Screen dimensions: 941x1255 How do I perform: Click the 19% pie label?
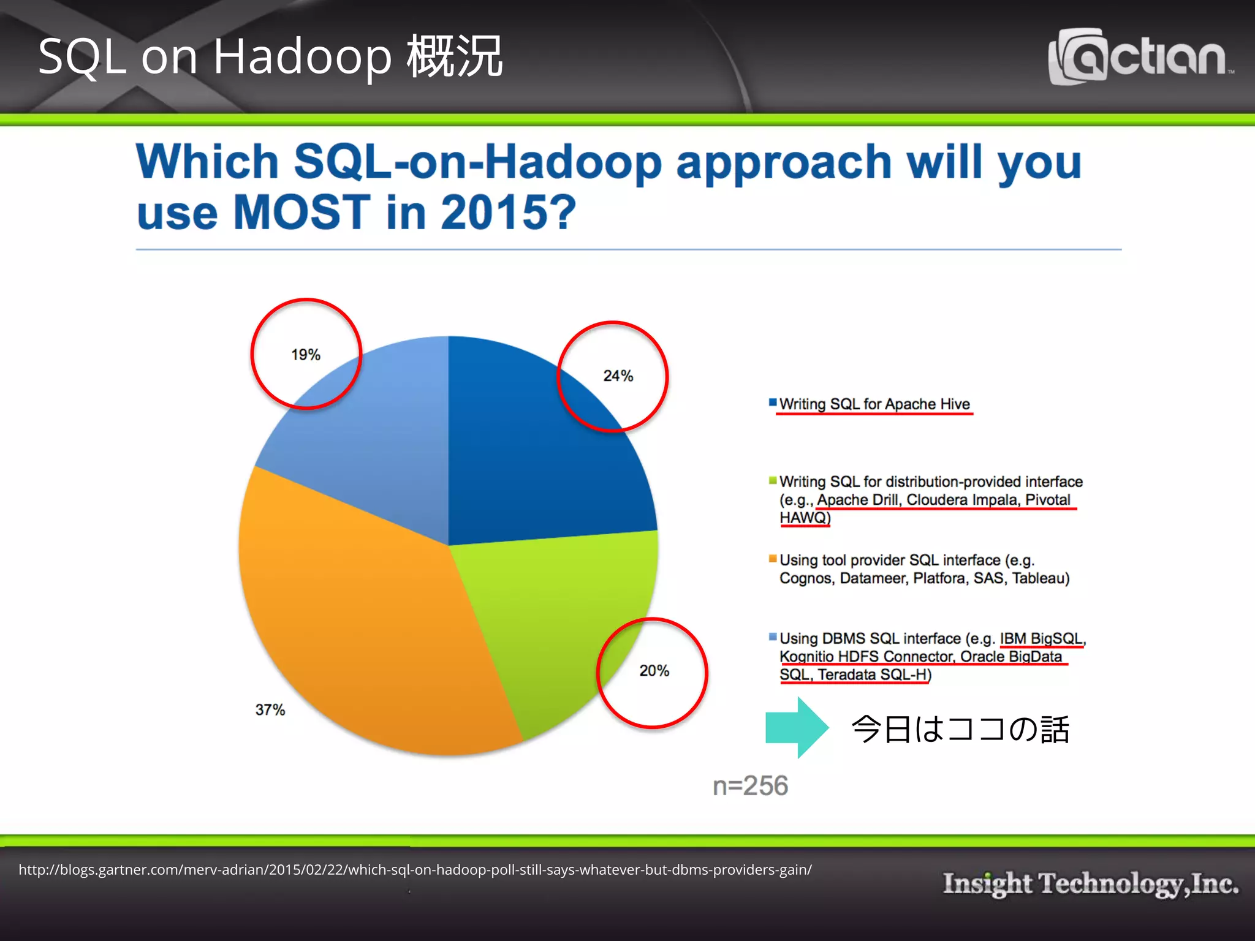tap(305, 355)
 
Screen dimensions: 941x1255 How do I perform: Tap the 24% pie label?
tap(618, 376)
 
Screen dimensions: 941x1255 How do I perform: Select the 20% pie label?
tap(654, 671)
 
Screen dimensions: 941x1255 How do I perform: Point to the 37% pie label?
tap(270, 710)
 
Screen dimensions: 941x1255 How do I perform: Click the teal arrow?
tap(797, 728)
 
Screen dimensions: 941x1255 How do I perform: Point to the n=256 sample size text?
tap(750, 786)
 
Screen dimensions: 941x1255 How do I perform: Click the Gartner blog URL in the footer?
tap(415, 870)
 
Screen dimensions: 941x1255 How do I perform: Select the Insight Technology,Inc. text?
tap(1090, 883)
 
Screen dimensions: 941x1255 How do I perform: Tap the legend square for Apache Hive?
tap(773, 402)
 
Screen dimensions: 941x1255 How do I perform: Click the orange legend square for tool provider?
tap(773, 558)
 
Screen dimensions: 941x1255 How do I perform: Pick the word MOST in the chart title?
tap(301, 212)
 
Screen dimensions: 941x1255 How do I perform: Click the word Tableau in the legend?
tap(1040, 578)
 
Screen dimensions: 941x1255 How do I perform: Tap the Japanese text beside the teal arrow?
tap(960, 730)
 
